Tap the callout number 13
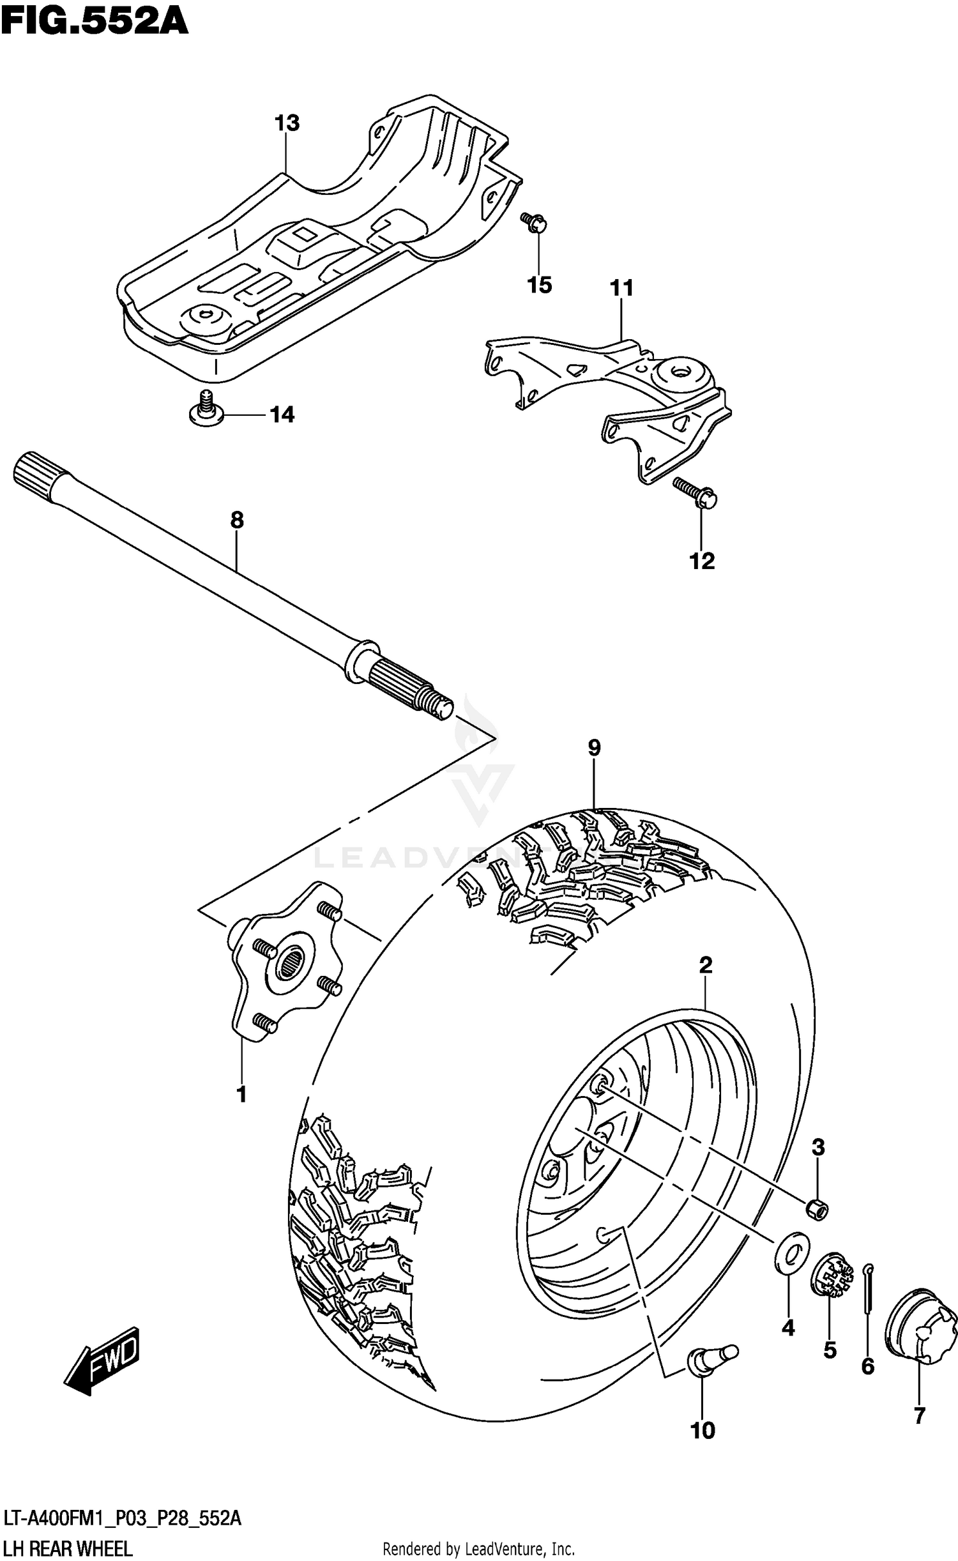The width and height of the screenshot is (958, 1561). pyautogui.click(x=287, y=123)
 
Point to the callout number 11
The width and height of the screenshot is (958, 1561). pyautogui.click(x=621, y=288)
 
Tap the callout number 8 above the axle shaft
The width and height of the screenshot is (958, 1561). pyautogui.click(x=237, y=520)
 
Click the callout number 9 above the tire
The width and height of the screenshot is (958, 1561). pyautogui.click(x=594, y=747)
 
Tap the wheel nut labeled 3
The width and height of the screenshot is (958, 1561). pyautogui.click(x=817, y=1208)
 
